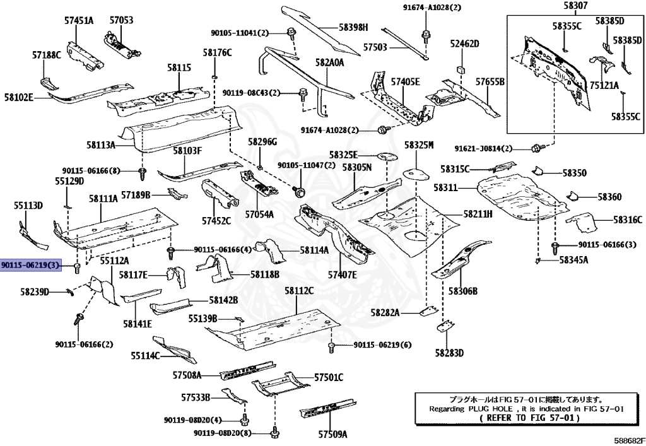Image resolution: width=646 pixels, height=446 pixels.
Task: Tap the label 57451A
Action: pyautogui.click(x=78, y=20)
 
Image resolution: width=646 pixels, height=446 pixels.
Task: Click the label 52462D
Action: pyautogui.click(x=464, y=44)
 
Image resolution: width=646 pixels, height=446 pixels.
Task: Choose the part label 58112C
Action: pyautogui.click(x=298, y=291)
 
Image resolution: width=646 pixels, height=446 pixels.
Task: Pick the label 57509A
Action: pyautogui.click(x=332, y=434)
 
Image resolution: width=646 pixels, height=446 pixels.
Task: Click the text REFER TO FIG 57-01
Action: pyautogui.click(x=527, y=418)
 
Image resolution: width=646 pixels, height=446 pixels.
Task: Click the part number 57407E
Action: pyautogui.click(x=342, y=274)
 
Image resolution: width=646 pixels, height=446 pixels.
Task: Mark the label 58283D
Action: pyautogui.click(x=449, y=353)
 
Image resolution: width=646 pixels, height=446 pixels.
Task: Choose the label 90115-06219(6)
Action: pyautogui.click(x=382, y=345)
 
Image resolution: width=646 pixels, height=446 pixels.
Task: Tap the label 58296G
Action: pyautogui.click(x=262, y=141)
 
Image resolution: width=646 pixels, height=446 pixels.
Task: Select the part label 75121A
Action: pyautogui.click(x=604, y=85)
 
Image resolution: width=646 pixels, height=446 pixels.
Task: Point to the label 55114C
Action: pyautogui.click(x=145, y=356)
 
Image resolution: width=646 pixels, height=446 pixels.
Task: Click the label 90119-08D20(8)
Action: pyautogui.click(x=223, y=433)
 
